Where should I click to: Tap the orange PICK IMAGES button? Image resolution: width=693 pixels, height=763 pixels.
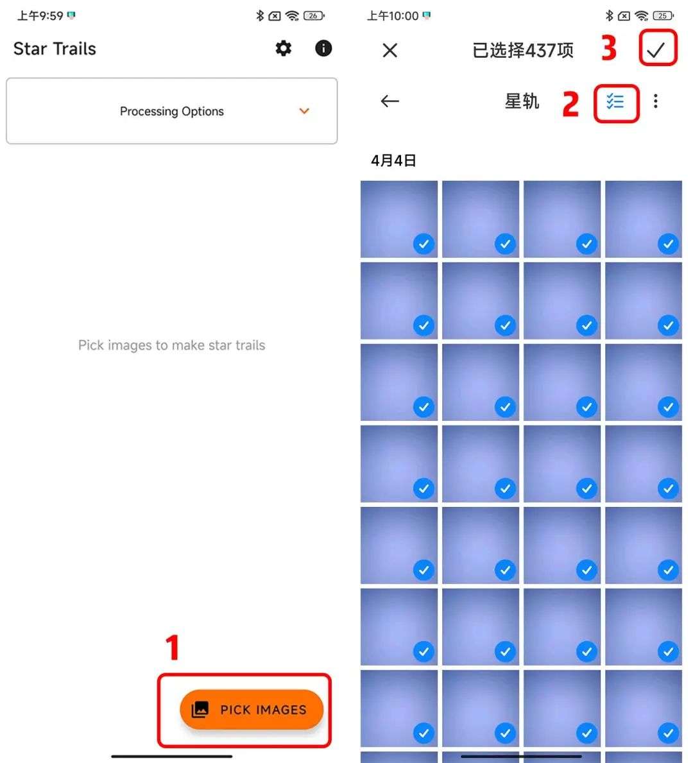(x=252, y=710)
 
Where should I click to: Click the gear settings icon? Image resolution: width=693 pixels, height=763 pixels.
(x=283, y=48)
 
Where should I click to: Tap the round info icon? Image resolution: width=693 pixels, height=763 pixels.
(x=323, y=48)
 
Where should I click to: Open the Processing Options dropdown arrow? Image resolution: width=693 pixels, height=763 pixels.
(x=304, y=111)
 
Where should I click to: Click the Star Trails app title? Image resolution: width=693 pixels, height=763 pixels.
(x=55, y=49)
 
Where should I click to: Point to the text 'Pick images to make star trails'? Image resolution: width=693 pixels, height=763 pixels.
(x=172, y=345)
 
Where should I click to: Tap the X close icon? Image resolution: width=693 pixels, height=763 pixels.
(x=390, y=50)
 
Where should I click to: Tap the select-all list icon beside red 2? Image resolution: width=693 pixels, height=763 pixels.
(x=615, y=101)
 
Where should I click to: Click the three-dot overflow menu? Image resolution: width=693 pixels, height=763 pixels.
(x=656, y=101)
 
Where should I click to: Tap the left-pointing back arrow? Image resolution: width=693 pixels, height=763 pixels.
(x=390, y=101)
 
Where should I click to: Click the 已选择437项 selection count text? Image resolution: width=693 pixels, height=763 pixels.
(x=523, y=50)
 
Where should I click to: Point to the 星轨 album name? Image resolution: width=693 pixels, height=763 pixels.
(x=522, y=101)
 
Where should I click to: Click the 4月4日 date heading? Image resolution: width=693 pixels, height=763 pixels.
(x=393, y=160)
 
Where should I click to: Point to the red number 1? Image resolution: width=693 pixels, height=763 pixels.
(x=172, y=647)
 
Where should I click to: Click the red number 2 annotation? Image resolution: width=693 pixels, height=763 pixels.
(x=571, y=104)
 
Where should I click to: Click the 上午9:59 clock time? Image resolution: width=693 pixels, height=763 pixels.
(x=40, y=16)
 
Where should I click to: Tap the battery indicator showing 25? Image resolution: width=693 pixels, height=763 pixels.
(x=663, y=16)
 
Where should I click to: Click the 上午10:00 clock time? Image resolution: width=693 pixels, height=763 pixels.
(x=393, y=16)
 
